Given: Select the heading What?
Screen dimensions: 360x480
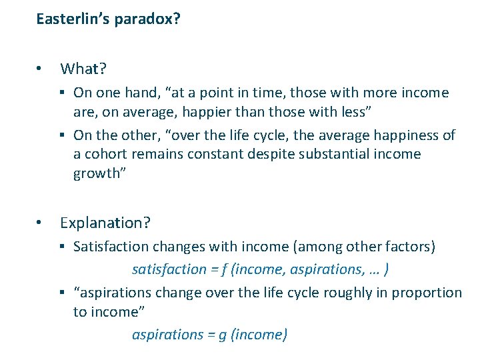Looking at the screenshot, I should (x=84, y=69).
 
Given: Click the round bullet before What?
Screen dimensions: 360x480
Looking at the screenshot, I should (x=41, y=69).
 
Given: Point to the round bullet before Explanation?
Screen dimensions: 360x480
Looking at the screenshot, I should (x=41, y=222).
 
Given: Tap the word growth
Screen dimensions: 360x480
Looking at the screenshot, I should (x=93, y=173).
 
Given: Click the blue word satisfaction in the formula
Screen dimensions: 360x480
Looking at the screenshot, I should (x=169, y=269).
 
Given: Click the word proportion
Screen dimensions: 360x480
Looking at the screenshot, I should (x=427, y=293).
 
